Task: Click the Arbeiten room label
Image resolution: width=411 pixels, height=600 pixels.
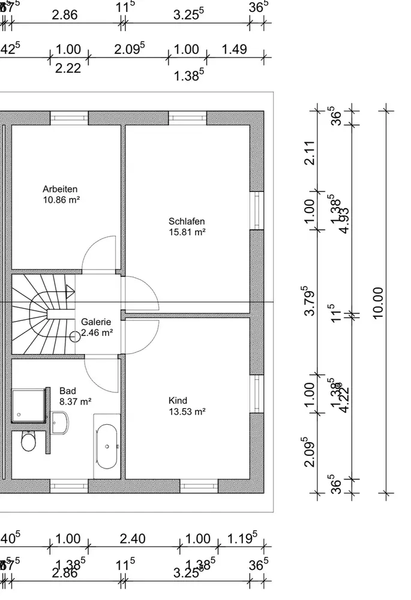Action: [60, 189]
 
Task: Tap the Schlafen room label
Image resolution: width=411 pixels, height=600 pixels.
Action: [187, 221]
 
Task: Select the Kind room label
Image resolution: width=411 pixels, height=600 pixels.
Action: [178, 401]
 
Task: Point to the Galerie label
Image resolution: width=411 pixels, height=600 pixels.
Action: [96, 322]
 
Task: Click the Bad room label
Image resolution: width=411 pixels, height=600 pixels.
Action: [68, 391]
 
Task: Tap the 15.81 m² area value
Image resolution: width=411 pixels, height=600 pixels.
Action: [187, 232]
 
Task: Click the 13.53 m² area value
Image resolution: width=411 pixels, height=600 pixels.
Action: [187, 412]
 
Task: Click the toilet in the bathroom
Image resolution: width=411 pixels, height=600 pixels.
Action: [28, 442]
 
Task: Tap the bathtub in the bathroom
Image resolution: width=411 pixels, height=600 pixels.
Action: [107, 446]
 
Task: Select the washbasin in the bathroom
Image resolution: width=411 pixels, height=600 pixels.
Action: [60, 423]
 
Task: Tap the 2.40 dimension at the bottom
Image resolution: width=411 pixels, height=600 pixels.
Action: [133, 539]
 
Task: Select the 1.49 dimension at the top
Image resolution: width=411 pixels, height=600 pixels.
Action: [234, 49]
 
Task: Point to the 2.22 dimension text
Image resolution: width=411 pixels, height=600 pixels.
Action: [68, 68]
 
